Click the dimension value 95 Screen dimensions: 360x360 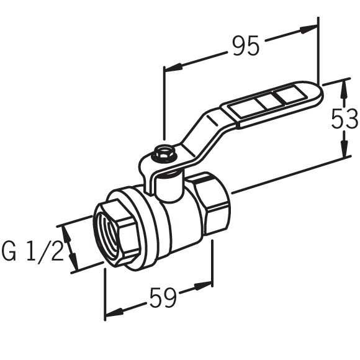click(245, 46)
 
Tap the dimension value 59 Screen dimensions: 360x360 click(163, 299)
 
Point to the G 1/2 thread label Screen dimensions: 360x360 click(32, 253)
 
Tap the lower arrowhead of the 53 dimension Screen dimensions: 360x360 click(344, 150)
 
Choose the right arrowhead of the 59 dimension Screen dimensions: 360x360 click(205, 286)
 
